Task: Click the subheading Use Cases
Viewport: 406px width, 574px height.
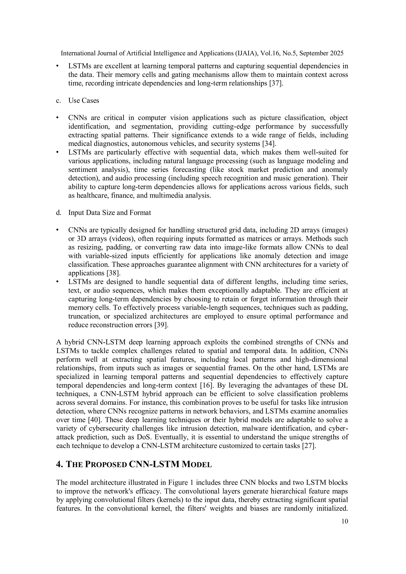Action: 83,100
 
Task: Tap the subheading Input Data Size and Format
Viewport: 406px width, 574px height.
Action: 110,213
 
